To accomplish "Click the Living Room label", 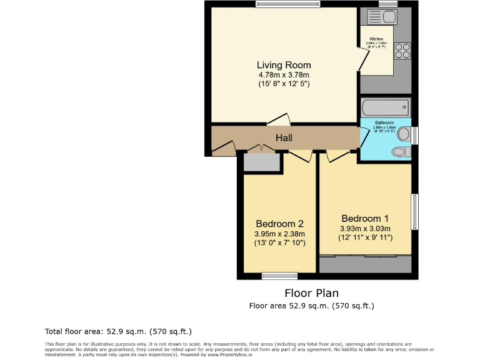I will (x=284, y=65).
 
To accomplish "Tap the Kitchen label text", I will (x=376, y=39).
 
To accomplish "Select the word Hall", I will (x=284, y=137).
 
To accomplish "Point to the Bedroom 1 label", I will (x=365, y=219).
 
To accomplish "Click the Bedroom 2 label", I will (x=279, y=224).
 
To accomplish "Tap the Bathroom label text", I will (x=384, y=122).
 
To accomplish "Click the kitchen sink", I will (x=378, y=16).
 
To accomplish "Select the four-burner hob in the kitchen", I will (x=402, y=50).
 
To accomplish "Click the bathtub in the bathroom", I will (x=385, y=107).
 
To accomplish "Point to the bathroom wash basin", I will (x=404, y=134).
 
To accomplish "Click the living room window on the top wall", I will (x=287, y=4).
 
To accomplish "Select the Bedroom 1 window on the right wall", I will (x=414, y=212).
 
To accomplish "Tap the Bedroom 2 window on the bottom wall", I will (x=279, y=276).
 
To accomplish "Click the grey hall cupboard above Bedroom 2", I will (x=261, y=162).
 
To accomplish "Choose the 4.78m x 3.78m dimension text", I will (x=284, y=75).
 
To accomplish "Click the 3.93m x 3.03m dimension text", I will (x=365, y=229).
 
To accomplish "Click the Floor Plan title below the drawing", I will (x=311, y=293).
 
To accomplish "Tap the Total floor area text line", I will (x=118, y=331).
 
